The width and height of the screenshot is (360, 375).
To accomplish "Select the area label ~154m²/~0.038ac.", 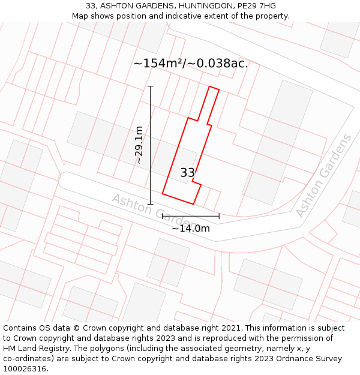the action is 191,64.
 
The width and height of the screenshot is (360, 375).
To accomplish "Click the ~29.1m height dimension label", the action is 139,145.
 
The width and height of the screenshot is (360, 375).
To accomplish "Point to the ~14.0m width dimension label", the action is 191,228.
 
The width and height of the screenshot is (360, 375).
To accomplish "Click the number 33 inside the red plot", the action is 188,173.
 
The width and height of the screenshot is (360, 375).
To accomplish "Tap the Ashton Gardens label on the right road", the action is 324,176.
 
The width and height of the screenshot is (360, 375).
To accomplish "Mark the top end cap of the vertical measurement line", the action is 150,86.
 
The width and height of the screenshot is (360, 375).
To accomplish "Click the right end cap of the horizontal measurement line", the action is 219,216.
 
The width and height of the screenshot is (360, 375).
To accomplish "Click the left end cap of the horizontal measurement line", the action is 163,216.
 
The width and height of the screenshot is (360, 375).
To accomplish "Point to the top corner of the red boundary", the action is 209,87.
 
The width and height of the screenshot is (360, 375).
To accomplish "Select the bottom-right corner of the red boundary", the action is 194,204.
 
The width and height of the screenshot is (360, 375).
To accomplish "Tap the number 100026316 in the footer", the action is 25,369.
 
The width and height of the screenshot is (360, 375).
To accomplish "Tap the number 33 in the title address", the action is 91,6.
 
